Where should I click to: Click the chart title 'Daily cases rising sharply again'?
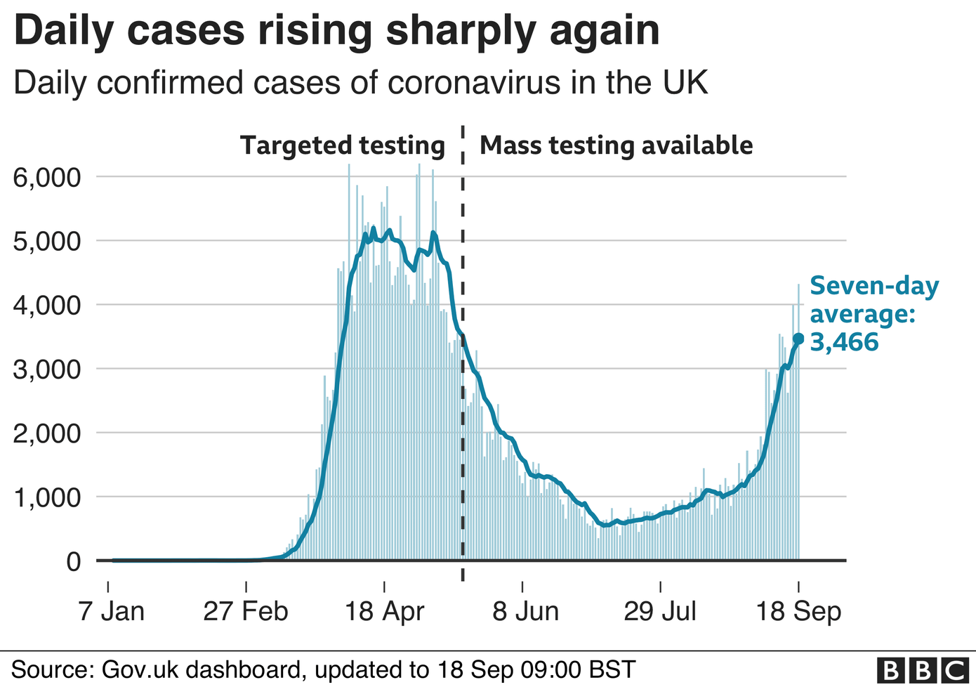[x=336, y=31]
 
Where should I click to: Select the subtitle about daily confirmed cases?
[x=360, y=83]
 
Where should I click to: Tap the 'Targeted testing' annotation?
[x=343, y=145]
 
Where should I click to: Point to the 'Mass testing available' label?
[x=616, y=145]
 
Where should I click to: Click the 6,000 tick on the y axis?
[x=47, y=177]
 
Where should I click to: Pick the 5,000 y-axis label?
[x=47, y=241]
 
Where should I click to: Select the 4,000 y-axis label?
[x=47, y=305]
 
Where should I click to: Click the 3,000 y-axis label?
[x=47, y=369]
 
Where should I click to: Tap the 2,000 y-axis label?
[x=47, y=433]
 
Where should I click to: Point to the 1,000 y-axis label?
[x=47, y=497]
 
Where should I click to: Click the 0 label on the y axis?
[x=73, y=561]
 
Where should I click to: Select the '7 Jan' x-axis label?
[x=112, y=611]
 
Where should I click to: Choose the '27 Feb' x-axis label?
[x=246, y=611]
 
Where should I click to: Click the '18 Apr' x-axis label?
[x=384, y=611]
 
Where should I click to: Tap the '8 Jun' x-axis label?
[x=525, y=611]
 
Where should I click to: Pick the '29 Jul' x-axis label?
[x=660, y=611]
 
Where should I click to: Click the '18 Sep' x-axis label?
[x=798, y=611]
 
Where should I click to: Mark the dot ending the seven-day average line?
[x=798, y=339]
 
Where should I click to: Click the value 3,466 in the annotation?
[x=844, y=342]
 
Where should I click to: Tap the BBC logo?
[x=923, y=670]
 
